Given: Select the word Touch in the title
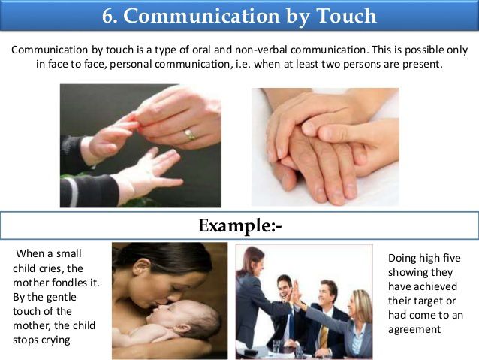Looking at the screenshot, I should [x=342, y=16].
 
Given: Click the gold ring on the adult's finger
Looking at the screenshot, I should [x=190, y=135].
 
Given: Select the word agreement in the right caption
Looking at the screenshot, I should [x=414, y=329].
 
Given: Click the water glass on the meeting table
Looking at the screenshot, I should [x=276, y=346].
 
